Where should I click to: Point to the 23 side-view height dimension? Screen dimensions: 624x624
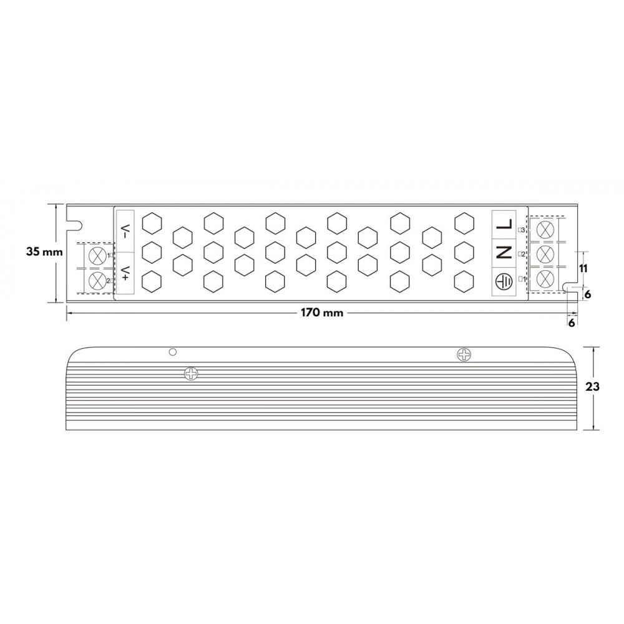[593, 387]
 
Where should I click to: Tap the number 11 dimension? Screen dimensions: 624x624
[583, 268]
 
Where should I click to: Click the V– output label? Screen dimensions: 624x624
[125, 232]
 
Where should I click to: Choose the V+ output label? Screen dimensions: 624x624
[125, 272]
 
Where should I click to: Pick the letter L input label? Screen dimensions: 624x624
[505, 225]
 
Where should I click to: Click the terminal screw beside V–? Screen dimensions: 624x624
[97, 255]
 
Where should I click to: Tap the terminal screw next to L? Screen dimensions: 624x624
[545, 228]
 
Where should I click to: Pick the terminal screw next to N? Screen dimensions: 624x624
[545, 253]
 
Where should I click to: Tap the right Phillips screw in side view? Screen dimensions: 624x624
[464, 354]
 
